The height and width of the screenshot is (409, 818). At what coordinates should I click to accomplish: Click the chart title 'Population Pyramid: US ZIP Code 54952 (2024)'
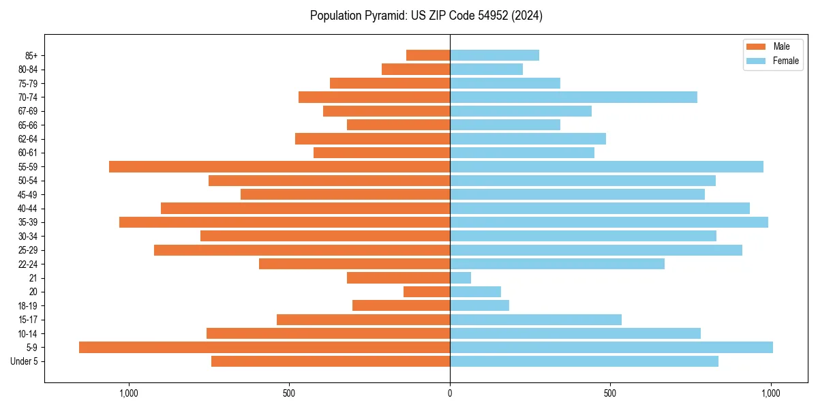[426, 16]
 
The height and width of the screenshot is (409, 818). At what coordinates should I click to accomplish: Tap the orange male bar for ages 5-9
[264, 348]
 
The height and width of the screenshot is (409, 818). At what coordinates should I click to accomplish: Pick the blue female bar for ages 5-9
[611, 348]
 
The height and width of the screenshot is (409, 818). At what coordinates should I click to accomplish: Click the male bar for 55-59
[279, 167]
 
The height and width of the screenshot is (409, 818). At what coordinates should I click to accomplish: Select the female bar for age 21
[461, 278]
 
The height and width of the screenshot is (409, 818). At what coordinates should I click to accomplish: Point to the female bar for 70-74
[573, 97]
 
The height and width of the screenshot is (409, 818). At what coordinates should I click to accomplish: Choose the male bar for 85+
[428, 55]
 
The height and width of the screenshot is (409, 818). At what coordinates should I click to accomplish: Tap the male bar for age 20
[427, 292]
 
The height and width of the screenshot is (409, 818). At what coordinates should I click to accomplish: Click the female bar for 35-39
[609, 222]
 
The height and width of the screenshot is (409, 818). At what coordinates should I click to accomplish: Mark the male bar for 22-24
[354, 264]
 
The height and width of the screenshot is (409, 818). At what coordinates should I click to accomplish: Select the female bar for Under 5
[584, 361]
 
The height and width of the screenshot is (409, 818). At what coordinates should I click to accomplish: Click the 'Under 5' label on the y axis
[25, 361]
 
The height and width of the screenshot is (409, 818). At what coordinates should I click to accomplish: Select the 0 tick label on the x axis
[450, 393]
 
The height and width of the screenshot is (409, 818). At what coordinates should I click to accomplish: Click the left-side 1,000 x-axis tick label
[128, 393]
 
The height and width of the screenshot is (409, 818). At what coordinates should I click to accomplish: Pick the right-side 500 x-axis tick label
[610, 393]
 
